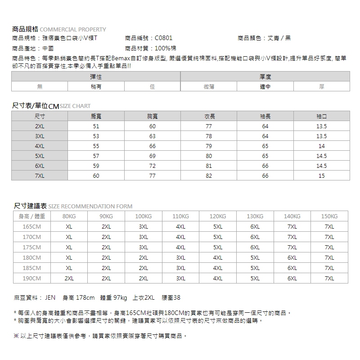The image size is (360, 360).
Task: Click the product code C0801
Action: [163, 38]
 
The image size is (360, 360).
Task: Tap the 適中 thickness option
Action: [265, 87]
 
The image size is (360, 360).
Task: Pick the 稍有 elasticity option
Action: [96, 87]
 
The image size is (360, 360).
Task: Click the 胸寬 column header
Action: [152, 117]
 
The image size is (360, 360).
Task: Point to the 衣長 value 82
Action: [209, 176]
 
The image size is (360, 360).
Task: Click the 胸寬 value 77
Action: [152, 176]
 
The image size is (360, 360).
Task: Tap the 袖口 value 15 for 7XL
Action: [321, 176]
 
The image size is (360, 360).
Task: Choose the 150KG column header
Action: [330, 216]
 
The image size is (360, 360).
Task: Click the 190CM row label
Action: [32, 279]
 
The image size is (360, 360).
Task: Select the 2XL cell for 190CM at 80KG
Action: [69, 279]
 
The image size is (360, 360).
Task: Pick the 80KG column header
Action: [69, 216]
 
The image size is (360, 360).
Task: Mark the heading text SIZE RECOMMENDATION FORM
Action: [90, 207]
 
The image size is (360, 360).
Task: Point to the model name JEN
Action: [49, 298]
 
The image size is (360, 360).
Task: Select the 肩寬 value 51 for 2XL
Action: [96, 126]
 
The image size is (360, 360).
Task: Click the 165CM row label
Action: [32, 227]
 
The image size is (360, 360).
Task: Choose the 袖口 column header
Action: [321, 117]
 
